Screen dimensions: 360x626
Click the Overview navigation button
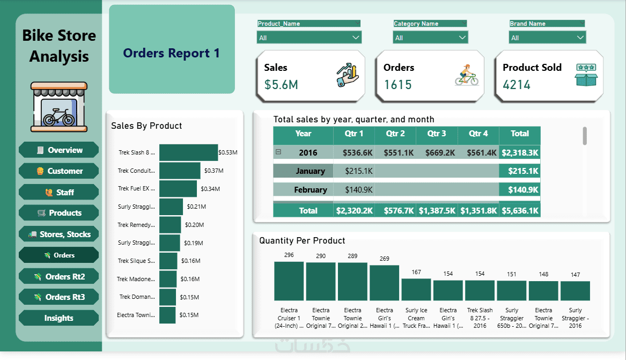[x=59, y=150]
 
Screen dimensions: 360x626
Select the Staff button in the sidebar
[x=59, y=192]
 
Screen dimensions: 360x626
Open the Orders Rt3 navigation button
[x=59, y=297]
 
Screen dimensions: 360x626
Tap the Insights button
[x=59, y=318]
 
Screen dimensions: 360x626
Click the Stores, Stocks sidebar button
[x=59, y=234]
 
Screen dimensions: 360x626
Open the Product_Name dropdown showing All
[x=309, y=38]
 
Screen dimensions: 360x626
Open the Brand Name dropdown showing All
[x=547, y=38]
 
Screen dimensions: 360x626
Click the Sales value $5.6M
[x=282, y=85]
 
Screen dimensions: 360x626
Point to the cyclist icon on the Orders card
[x=466, y=75]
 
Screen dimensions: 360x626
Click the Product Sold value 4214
[x=517, y=85]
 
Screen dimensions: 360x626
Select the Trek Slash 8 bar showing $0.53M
[x=188, y=152]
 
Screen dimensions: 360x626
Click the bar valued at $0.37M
[x=180, y=171]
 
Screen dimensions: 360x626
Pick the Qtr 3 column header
[x=437, y=134]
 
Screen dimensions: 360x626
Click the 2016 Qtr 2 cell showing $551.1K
[x=395, y=153]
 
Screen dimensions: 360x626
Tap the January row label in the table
[x=310, y=171]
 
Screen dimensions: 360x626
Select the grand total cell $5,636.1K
[x=519, y=211]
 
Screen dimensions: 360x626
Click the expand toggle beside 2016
[x=278, y=152]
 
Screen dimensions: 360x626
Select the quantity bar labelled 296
[x=289, y=281]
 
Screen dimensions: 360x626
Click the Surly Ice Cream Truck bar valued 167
[x=416, y=289]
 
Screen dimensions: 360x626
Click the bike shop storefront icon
[x=59, y=107]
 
